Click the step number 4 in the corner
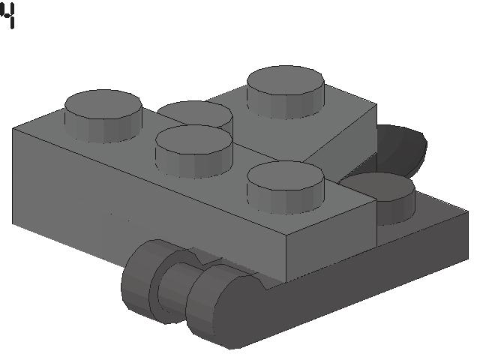8,16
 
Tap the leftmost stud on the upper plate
103,116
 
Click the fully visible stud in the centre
193,151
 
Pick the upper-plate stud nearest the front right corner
286,187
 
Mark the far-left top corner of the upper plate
13,130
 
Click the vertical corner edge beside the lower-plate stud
376,221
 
